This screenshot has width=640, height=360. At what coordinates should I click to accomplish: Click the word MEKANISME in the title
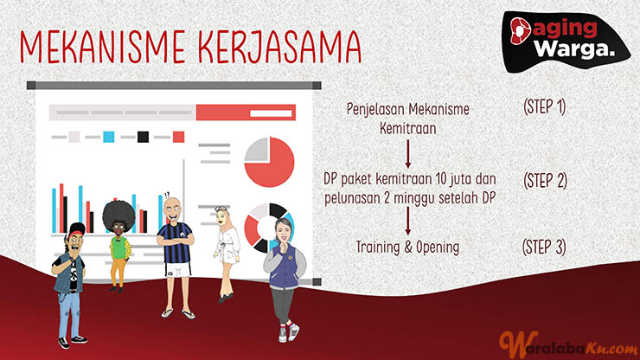tap(106, 46)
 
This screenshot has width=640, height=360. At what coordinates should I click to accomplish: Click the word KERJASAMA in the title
tap(281, 46)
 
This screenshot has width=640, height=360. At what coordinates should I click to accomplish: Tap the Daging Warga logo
tap(566, 42)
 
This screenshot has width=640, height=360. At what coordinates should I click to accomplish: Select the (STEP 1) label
tap(544, 107)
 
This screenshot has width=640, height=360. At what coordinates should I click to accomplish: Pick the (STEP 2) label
tap(545, 181)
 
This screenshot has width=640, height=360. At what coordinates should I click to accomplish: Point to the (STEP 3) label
tap(544, 247)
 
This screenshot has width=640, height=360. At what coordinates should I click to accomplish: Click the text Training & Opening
tap(407, 247)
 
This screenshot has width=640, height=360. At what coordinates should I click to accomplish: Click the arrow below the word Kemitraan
tap(407, 154)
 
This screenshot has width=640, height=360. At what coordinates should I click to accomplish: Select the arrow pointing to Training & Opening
tap(407, 221)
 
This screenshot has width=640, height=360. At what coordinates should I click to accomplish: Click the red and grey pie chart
tap(269, 162)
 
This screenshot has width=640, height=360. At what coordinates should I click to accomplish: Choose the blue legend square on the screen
tap(109, 137)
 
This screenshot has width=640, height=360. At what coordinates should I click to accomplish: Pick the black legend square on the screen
tap(143, 137)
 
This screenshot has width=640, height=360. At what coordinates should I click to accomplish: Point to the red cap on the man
tap(77, 229)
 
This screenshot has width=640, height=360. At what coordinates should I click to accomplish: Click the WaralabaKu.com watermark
tap(568, 344)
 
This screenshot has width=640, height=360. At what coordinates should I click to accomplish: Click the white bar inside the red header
tap(271, 113)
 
